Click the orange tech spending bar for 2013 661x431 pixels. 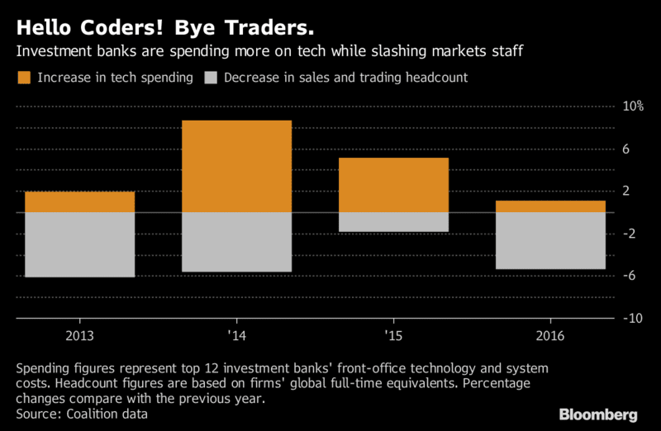click(79, 202)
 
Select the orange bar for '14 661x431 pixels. click(236, 167)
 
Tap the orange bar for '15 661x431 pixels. click(393, 185)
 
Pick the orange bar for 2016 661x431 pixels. click(550, 206)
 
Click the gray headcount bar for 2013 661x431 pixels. click(79, 244)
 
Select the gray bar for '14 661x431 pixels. click(236, 242)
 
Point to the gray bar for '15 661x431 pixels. click(393, 222)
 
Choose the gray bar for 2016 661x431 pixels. click(550, 240)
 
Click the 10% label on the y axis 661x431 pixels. click(633, 107)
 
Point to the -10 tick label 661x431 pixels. click(633, 319)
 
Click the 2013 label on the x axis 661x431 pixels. click(79, 336)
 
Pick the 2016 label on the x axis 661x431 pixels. click(550, 336)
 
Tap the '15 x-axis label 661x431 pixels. click(393, 336)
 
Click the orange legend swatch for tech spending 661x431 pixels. click(23, 78)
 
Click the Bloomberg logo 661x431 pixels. click(598, 414)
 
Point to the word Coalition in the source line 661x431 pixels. click(93, 413)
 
